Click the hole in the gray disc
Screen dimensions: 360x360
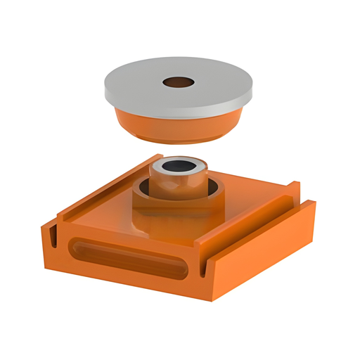(179, 83)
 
